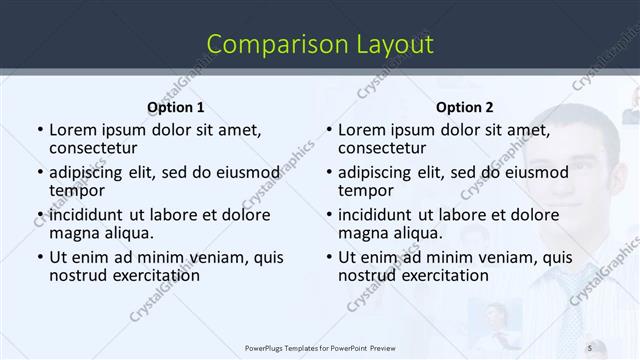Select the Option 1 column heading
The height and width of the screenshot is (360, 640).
(176, 107)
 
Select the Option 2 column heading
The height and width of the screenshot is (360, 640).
(464, 107)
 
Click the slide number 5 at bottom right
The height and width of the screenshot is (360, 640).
(590, 347)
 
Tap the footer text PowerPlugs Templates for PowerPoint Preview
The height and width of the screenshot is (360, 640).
(321, 347)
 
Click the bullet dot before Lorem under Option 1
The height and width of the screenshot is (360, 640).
(39, 130)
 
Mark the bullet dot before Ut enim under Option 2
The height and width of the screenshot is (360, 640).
(328, 258)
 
